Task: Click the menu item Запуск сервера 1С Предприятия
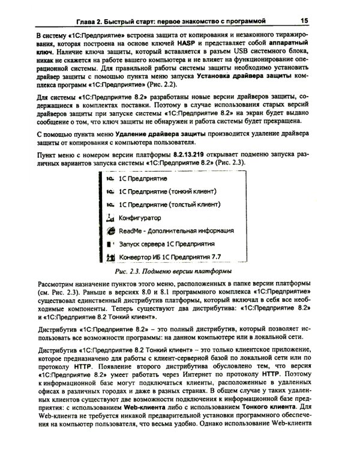167,245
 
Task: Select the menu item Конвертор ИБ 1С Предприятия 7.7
171,259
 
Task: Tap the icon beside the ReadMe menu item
109,231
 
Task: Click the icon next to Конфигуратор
109,218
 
